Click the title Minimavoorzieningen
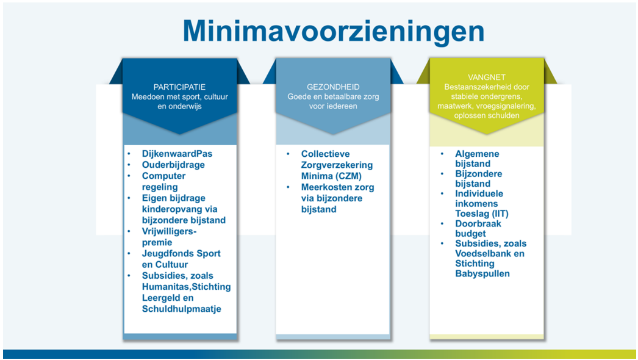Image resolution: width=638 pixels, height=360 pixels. [x=333, y=30]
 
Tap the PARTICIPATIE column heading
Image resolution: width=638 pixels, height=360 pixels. [x=179, y=87]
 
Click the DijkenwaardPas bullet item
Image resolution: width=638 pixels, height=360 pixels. [x=177, y=154]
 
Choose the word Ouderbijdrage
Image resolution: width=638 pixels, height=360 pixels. [x=173, y=165]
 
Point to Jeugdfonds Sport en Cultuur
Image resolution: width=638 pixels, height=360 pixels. [x=181, y=259]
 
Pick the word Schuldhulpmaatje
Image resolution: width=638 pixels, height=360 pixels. [x=181, y=309]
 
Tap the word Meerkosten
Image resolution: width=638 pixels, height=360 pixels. [x=328, y=187]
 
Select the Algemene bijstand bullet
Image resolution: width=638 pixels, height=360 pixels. [x=477, y=159]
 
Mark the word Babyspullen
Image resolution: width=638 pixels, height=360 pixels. [x=482, y=273]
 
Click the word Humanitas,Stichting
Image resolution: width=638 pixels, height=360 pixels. [x=186, y=287]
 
